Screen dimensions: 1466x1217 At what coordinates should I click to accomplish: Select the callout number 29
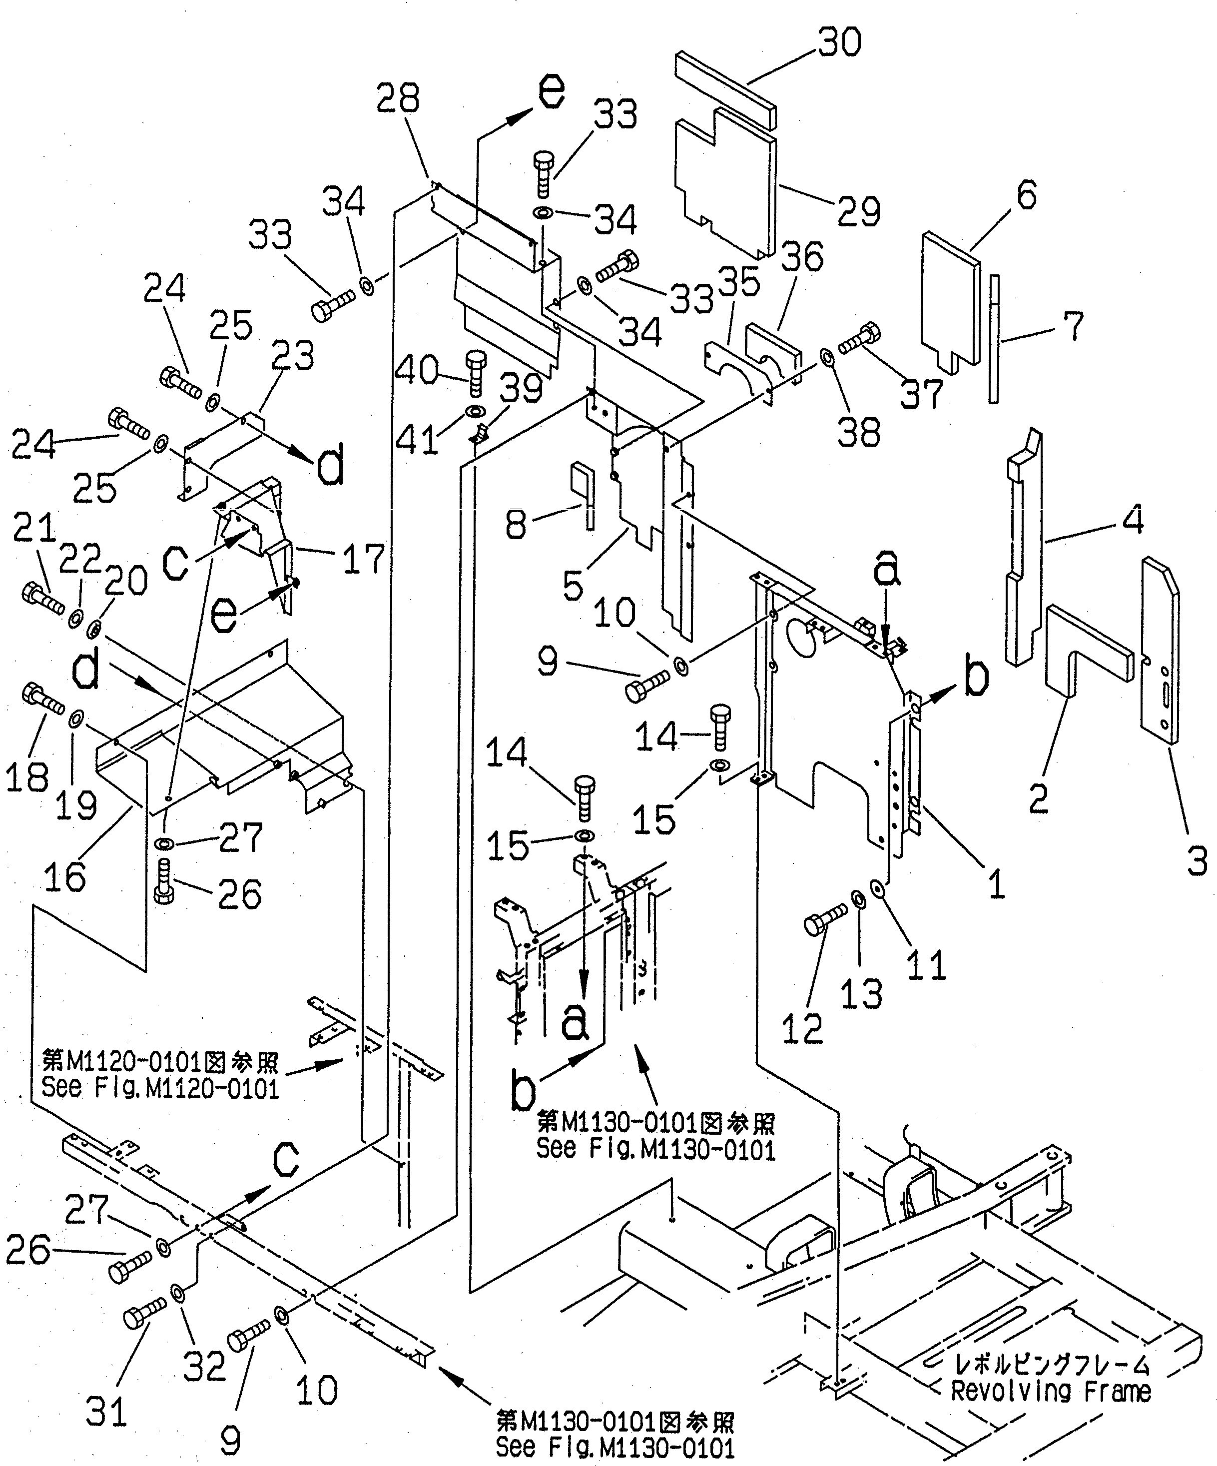pyautogui.click(x=858, y=211)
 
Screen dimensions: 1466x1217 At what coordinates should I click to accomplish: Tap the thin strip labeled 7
pyautogui.click(x=994, y=339)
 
